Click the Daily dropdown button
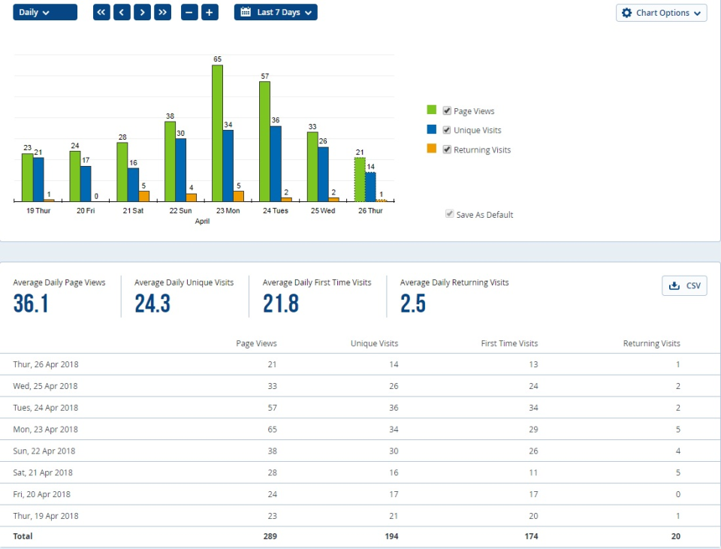[44, 13]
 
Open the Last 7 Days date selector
[276, 13]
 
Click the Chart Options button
[661, 13]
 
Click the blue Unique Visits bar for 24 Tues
[276, 163]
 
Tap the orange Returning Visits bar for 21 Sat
[144, 196]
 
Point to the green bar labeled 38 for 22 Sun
[170, 161]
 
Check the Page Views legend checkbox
[447, 110]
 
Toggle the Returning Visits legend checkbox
[447, 149]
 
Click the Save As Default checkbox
[449, 214]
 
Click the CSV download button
[684, 285]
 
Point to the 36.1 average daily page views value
[31, 303]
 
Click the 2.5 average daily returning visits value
[413, 303]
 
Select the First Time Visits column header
[509, 343]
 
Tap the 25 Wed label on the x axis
[322, 211]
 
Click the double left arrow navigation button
[101, 13]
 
